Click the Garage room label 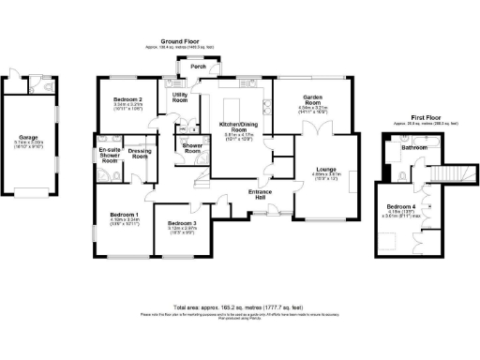coord(29,136)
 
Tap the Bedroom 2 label coord(127,98)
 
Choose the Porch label coord(198,67)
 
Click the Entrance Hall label coord(260,194)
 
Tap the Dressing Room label coord(139,154)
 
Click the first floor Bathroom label coord(414,148)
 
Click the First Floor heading coord(420,115)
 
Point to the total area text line coord(239,307)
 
